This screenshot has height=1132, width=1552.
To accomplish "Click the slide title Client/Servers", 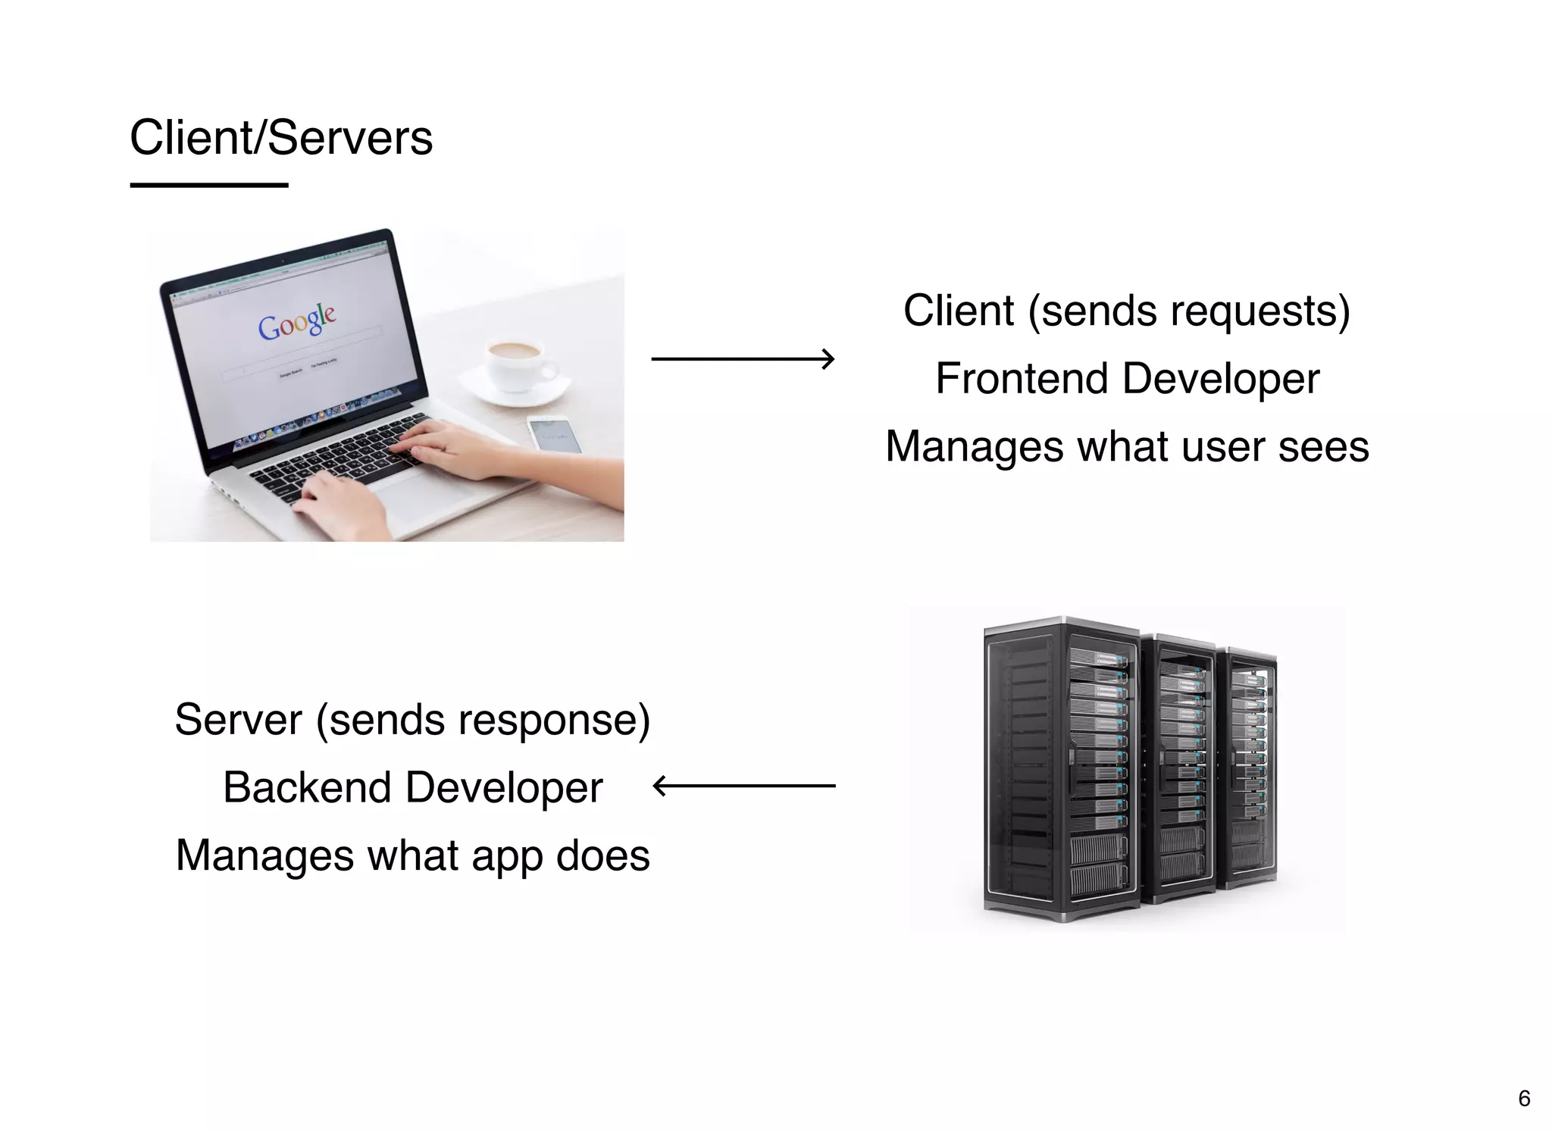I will pyautogui.click(x=281, y=138).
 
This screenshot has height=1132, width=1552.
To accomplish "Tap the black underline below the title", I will pyautogui.click(x=209, y=185).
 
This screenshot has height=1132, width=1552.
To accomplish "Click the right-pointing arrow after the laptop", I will pyautogui.click(x=743, y=358).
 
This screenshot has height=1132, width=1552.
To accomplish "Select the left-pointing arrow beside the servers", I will pyautogui.click(x=743, y=786).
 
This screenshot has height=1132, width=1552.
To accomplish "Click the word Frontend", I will pyautogui.click(x=1022, y=378).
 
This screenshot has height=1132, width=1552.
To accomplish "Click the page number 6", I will pyautogui.click(x=1524, y=1098).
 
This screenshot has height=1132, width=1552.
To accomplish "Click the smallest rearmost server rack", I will pyautogui.click(x=1250, y=765).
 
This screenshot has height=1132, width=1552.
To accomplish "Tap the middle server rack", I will pyautogui.click(x=1178, y=769).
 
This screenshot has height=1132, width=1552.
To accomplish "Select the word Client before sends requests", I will pyautogui.click(x=958, y=311).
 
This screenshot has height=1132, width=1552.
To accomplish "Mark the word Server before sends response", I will pyautogui.click(x=238, y=720).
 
